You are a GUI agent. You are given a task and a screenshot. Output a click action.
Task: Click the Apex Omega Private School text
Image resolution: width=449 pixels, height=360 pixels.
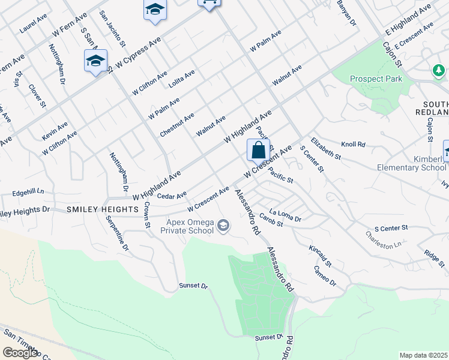coord(190,226)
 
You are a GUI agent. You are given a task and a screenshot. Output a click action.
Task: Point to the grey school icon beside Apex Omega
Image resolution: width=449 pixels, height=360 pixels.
coord(223,226)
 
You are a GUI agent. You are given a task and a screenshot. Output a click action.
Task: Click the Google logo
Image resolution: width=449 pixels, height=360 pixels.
coord(20,353)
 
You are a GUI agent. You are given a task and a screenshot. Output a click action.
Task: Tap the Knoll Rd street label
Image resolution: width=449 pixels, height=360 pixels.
coord(353,145)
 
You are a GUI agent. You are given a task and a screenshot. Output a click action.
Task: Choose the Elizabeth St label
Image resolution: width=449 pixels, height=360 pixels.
coord(328,148)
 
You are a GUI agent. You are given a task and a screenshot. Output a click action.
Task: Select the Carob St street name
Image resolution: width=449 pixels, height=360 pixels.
coord(272,223)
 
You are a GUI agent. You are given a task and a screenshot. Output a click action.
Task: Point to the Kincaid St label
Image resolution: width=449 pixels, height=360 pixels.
coord(320,256)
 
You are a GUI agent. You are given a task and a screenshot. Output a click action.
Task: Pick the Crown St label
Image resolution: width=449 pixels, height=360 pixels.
coord(146,214)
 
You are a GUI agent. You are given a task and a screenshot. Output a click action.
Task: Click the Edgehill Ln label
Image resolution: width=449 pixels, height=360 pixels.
coord(28,193)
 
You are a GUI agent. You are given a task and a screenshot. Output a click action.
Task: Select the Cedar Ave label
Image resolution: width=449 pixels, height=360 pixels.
coord(172,195)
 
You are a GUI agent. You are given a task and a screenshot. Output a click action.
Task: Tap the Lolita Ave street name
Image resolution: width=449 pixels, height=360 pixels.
coord(182,79)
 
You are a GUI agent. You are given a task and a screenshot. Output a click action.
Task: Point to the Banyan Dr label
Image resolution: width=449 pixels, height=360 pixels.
coord(346,13)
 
